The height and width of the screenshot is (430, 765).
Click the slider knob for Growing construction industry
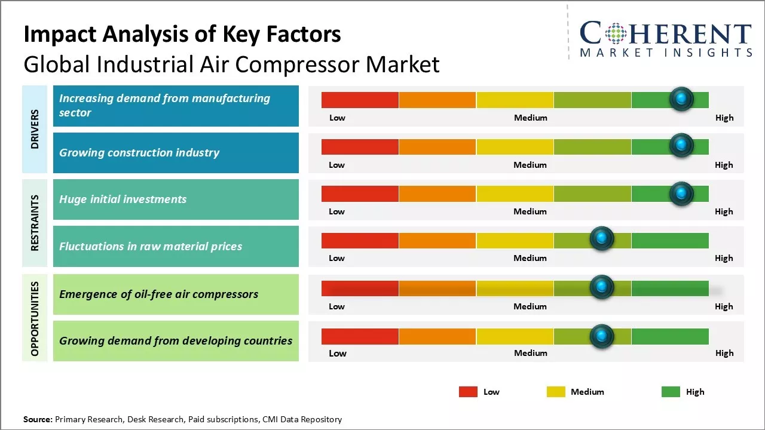[681, 146]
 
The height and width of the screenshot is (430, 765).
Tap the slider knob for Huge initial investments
[681, 193]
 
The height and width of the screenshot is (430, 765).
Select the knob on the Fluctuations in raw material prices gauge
[602, 239]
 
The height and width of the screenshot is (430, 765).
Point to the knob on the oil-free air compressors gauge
[602, 287]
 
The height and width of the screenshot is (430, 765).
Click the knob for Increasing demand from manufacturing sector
[681, 99]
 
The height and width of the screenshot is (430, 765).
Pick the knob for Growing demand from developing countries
[602, 336]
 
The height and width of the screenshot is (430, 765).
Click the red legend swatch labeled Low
[468, 392]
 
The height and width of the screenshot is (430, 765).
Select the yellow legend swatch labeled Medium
[556, 392]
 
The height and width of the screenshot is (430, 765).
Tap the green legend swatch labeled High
[671, 392]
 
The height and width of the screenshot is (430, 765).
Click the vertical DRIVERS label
[35, 129]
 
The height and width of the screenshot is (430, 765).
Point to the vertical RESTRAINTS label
[35, 223]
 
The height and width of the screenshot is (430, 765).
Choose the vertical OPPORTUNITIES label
[35, 318]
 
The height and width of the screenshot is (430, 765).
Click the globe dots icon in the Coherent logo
[616, 33]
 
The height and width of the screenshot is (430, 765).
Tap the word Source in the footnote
[38, 419]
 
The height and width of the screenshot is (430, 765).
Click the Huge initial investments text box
[176, 199]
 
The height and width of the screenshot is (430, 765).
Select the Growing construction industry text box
[176, 153]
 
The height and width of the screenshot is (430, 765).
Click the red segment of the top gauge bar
[360, 100]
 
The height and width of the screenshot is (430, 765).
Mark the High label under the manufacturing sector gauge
[724, 118]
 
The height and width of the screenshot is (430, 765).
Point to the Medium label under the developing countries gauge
[530, 353]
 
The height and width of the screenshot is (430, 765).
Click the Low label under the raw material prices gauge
[336, 258]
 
